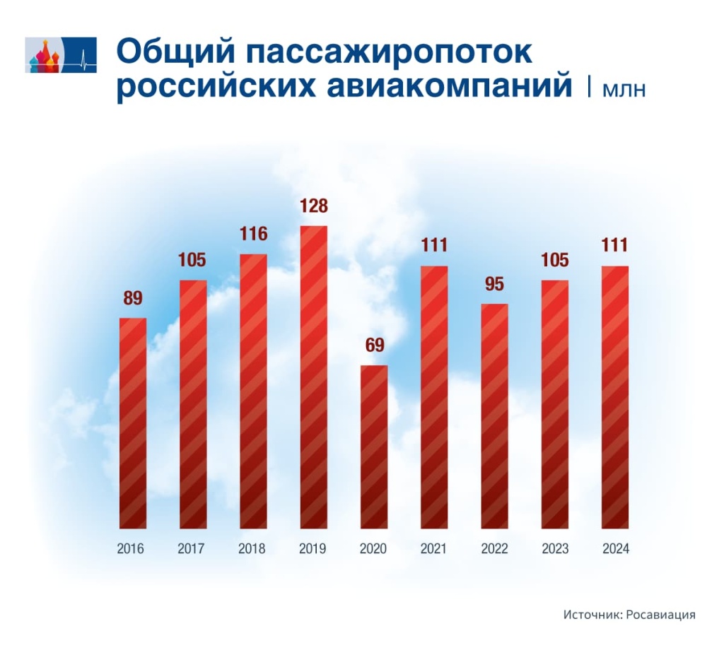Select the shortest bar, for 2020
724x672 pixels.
[x=374, y=447]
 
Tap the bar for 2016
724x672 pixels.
[x=133, y=423]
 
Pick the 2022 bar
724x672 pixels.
[x=494, y=415]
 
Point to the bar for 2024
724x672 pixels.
[x=615, y=397]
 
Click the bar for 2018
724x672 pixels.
[x=253, y=391]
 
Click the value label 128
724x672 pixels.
[x=313, y=207]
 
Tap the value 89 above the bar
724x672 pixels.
[x=133, y=298]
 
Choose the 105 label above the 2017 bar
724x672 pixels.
[x=192, y=260]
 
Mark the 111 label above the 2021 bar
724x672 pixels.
[x=434, y=247]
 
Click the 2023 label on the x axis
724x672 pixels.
[x=555, y=549]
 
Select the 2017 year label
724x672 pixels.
[x=192, y=549]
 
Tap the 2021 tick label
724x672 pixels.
[x=434, y=549]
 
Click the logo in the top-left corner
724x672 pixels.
[x=60, y=55]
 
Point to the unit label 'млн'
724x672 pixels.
[x=624, y=90]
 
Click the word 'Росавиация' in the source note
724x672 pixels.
[x=661, y=615]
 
